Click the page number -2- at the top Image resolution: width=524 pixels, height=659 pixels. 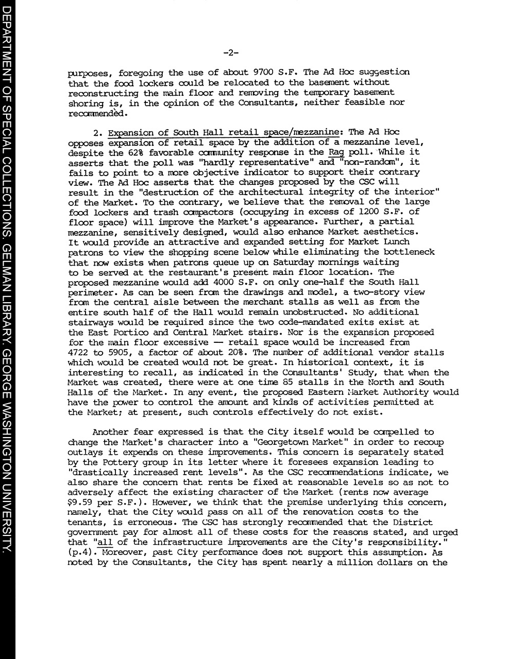(x=231, y=52)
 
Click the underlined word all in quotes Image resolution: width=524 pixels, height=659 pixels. (x=105, y=542)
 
